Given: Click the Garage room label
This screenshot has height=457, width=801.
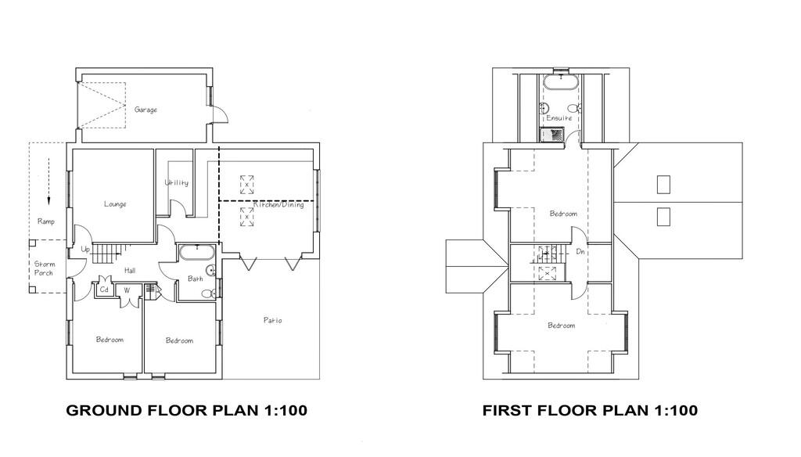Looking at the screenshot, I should click(x=145, y=110).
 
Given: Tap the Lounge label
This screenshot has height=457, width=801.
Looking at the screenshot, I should click(x=115, y=204).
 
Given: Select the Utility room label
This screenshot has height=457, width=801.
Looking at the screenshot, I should click(x=176, y=183).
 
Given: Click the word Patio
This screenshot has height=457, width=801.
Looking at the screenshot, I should click(x=272, y=321).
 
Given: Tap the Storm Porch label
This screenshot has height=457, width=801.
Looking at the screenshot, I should click(x=44, y=268).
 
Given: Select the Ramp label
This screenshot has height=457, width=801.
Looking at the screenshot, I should click(x=46, y=222).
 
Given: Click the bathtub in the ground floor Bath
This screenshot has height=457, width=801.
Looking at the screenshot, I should click(x=196, y=252).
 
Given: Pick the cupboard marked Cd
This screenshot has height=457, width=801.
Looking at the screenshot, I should click(x=104, y=290).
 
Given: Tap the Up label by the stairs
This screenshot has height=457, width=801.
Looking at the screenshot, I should click(x=85, y=250).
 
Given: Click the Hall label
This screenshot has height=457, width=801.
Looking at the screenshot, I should click(x=130, y=271).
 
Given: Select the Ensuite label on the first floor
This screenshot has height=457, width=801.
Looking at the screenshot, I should click(x=559, y=118).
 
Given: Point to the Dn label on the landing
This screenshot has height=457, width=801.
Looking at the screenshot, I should click(x=580, y=252).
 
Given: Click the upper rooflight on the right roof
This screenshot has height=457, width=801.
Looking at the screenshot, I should click(x=663, y=185).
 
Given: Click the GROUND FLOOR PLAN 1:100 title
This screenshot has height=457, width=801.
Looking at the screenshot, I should click(x=186, y=410).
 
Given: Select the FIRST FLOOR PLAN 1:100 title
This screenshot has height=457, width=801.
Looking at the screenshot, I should click(x=590, y=410).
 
